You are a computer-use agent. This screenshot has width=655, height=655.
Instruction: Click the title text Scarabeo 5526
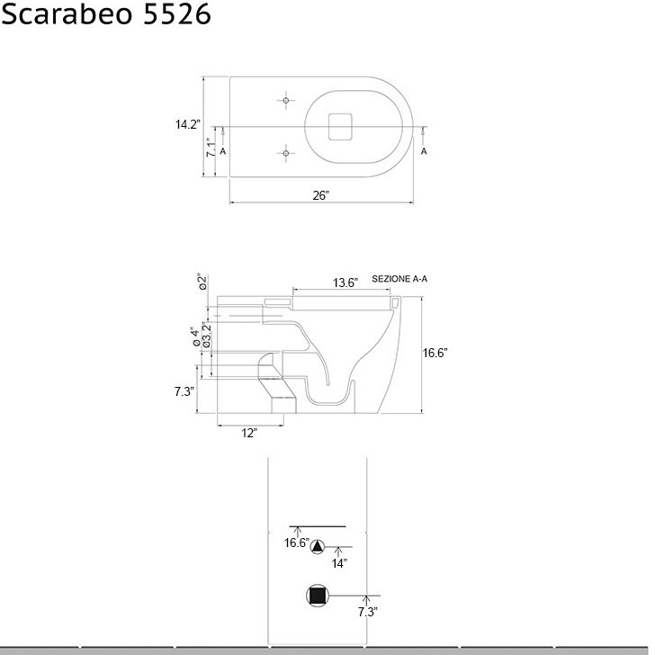[x=106, y=13]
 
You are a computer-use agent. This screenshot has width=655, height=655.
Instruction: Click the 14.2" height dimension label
[x=188, y=124]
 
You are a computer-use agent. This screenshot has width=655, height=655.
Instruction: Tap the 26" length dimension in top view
[x=321, y=195]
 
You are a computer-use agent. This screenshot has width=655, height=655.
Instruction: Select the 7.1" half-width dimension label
[x=211, y=148]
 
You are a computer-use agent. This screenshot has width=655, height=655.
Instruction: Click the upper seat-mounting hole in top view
[x=286, y=101]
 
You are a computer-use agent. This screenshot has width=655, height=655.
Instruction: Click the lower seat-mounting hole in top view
[x=286, y=153]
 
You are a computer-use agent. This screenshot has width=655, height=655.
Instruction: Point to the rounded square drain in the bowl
[x=340, y=127]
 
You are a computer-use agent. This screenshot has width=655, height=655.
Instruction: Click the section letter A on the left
[x=222, y=151]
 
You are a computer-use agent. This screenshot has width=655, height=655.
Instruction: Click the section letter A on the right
[x=424, y=151]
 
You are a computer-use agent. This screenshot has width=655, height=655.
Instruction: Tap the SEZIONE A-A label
[x=399, y=279]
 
